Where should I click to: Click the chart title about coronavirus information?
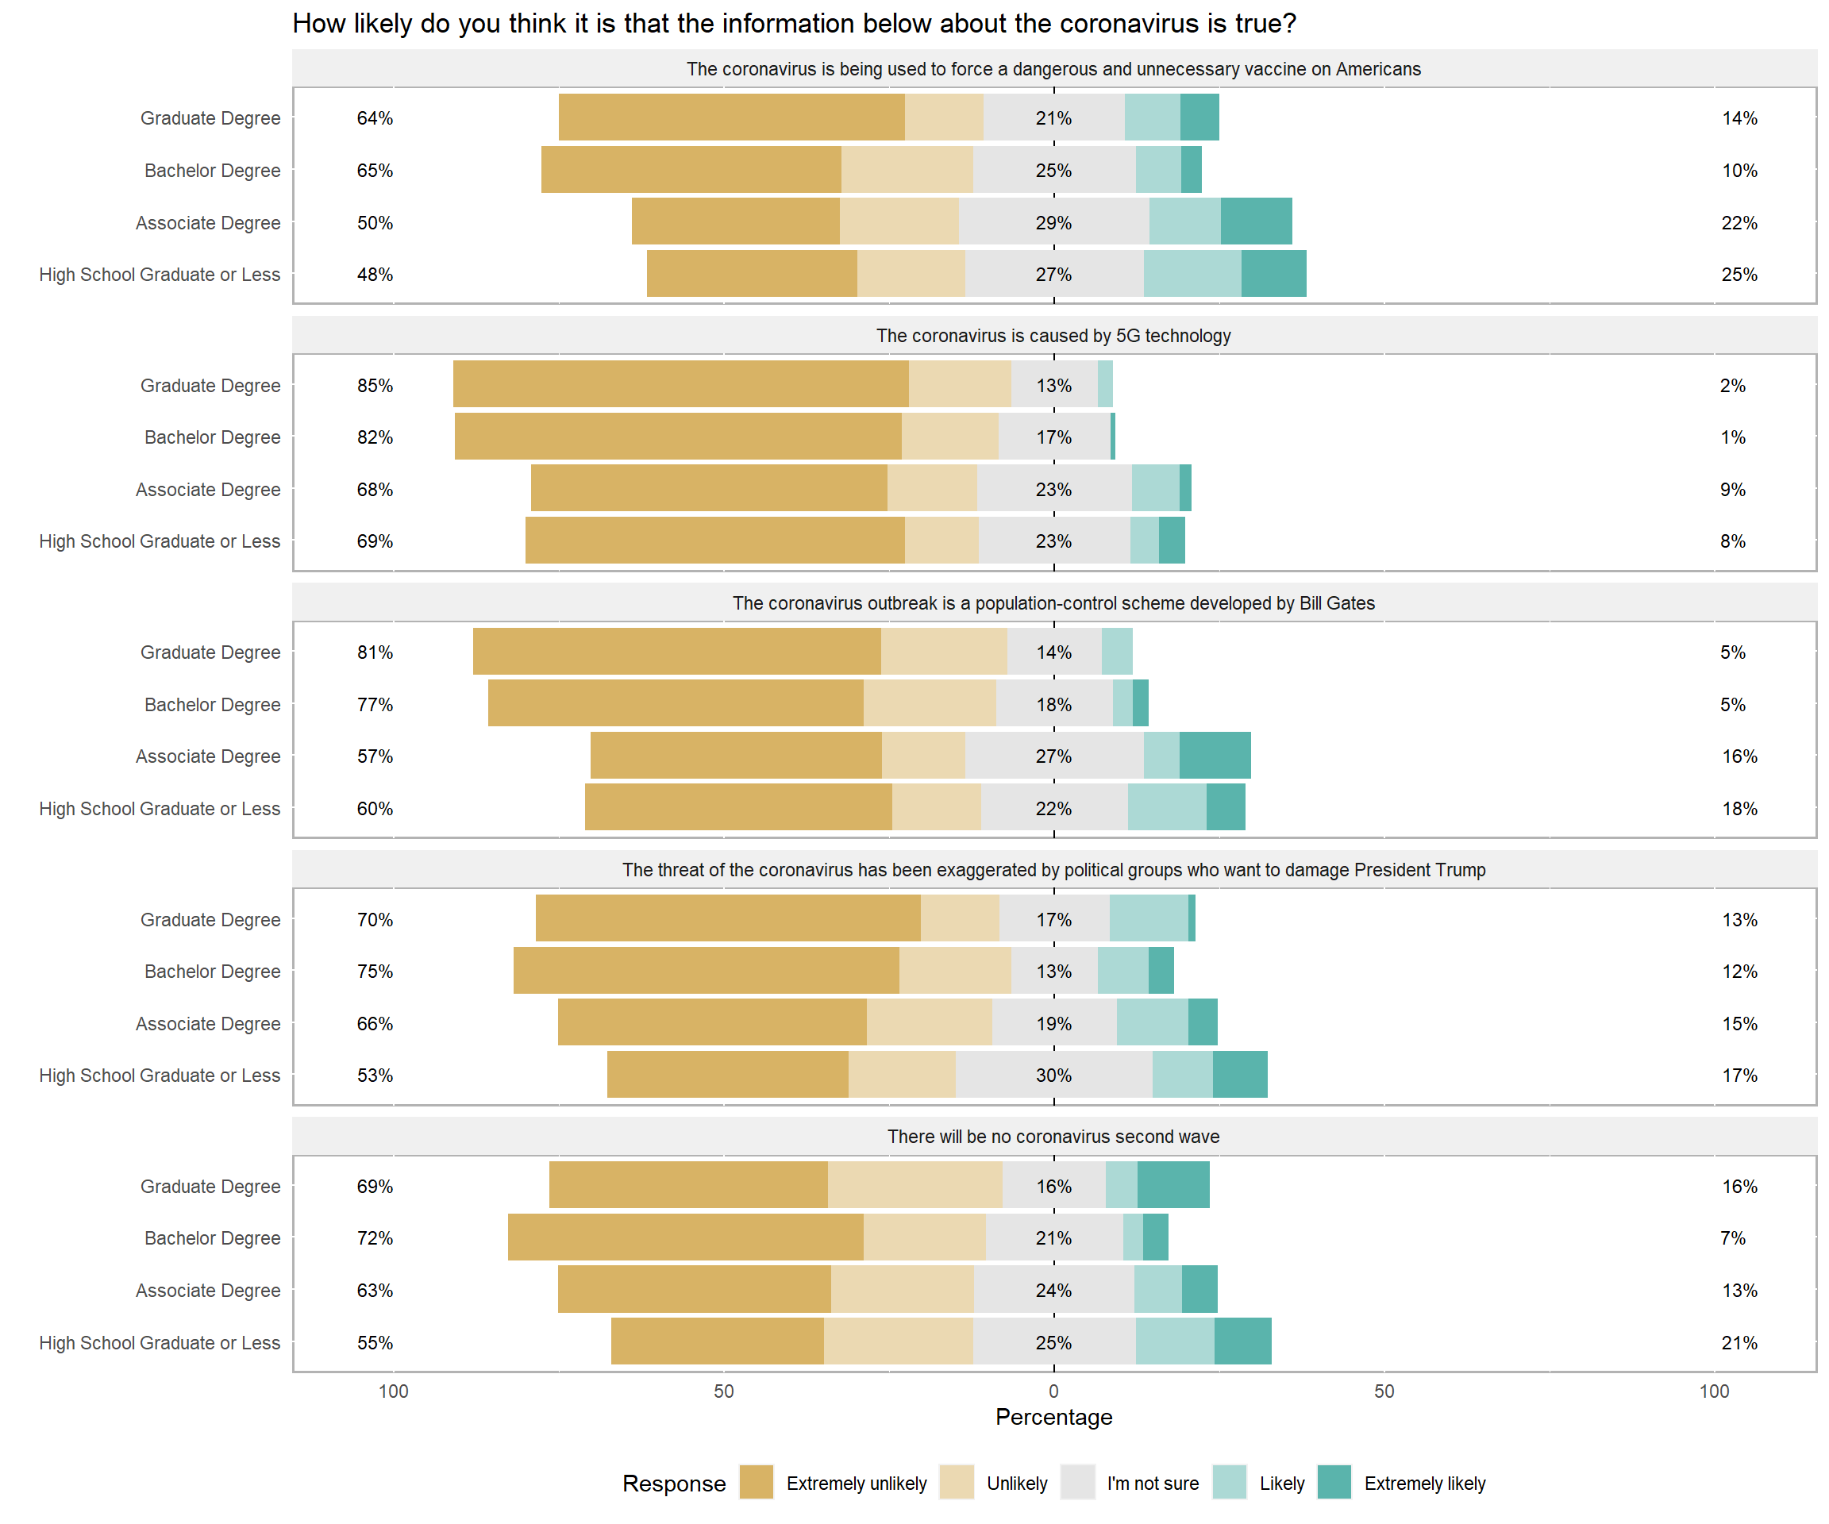[x=793, y=24]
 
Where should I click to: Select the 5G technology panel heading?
[x=1053, y=336]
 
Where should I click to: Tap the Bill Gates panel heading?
[x=1053, y=603]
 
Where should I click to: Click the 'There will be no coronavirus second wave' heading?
[x=1053, y=1137]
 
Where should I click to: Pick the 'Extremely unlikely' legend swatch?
[x=756, y=1482]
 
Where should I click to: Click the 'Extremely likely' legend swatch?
[x=1334, y=1482]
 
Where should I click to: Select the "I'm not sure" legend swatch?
[x=1077, y=1482]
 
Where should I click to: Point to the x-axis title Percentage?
[x=1053, y=1417]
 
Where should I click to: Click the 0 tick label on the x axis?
[x=1053, y=1391]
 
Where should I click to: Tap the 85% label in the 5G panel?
[x=375, y=386]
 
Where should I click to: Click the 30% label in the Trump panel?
[x=1053, y=1076]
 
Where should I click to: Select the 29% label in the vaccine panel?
[x=1053, y=223]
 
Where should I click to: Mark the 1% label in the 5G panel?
[x=1732, y=437]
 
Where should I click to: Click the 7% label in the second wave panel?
[x=1732, y=1238]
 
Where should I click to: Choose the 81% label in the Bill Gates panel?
[x=375, y=652]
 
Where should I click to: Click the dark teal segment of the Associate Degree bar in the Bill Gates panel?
[x=1215, y=756]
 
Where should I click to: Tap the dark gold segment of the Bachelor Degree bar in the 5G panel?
[x=678, y=437]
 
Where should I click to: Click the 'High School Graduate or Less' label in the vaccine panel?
[x=160, y=275]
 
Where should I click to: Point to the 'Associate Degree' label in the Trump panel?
[x=207, y=1024]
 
